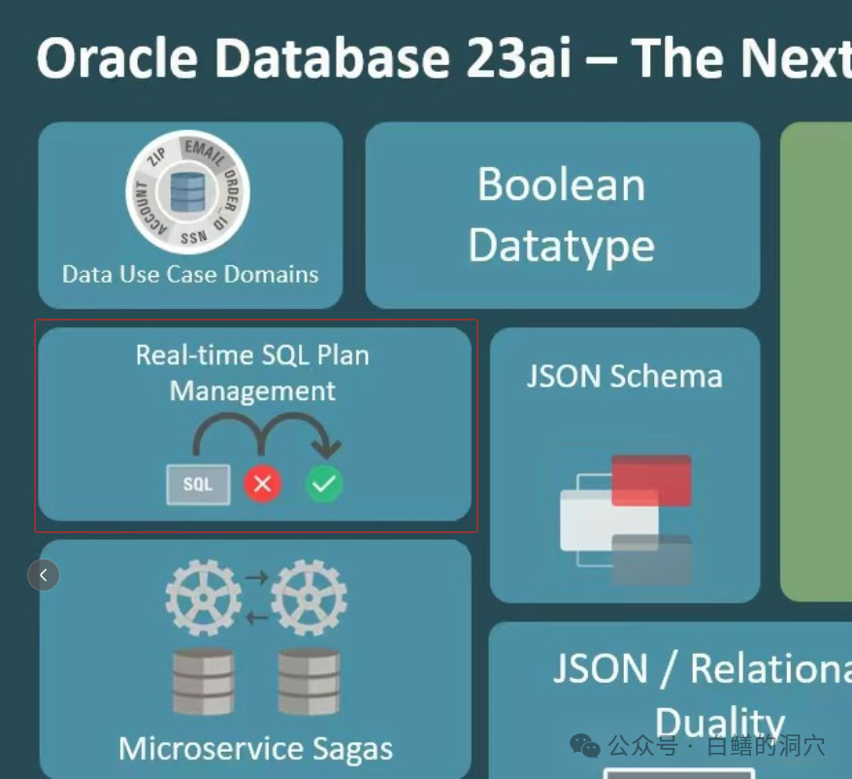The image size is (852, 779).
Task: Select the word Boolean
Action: [561, 185]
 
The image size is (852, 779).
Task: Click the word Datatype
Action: [561, 245]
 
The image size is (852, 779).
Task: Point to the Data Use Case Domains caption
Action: [190, 274]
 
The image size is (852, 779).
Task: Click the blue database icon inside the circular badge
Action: [188, 192]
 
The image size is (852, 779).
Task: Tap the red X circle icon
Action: [262, 483]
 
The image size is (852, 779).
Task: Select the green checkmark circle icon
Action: [324, 483]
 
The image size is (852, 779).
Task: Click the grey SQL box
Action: [198, 484]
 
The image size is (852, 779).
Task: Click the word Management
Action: [252, 390]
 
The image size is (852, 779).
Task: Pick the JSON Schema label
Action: [624, 376]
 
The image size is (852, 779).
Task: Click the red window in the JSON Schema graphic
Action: [651, 479]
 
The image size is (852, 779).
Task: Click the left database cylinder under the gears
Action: [203, 681]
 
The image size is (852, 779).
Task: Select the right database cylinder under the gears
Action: [309, 681]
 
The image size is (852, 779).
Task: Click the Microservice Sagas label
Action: [255, 749]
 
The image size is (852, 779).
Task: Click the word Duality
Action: [719, 723]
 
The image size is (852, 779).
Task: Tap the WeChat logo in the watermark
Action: [585, 745]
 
